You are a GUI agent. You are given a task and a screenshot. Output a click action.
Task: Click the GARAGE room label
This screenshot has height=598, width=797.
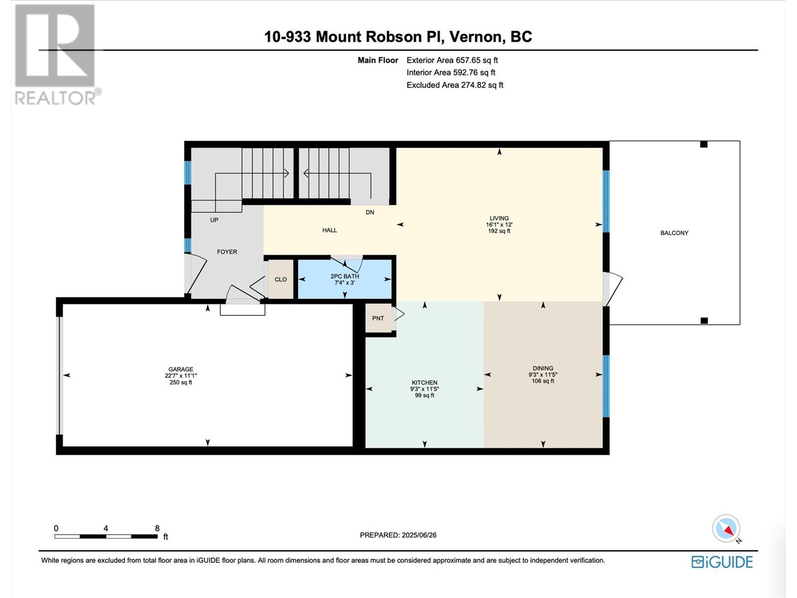(x=180, y=369)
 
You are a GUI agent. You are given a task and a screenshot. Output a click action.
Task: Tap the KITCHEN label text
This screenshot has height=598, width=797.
(x=424, y=382)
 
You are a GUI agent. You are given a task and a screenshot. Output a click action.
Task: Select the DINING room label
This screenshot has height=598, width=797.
(x=543, y=368)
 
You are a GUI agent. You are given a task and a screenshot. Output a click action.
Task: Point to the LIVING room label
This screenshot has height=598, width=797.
(x=499, y=218)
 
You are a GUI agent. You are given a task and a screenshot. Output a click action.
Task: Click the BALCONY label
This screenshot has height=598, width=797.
(x=674, y=233)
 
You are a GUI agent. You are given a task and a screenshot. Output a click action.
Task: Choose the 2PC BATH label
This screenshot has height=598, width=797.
(x=345, y=276)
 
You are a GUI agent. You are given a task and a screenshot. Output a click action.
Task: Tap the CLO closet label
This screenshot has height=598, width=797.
(x=280, y=280)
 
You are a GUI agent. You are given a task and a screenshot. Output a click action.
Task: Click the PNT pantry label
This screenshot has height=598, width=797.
(x=378, y=318)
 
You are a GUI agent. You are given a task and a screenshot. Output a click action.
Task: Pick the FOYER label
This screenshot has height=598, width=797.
(x=227, y=252)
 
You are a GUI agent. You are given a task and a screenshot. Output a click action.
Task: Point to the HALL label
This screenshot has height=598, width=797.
(x=330, y=230)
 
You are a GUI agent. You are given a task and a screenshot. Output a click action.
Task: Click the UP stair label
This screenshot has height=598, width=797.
(x=214, y=220)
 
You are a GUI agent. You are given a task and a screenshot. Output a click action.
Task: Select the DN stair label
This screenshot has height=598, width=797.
(x=370, y=212)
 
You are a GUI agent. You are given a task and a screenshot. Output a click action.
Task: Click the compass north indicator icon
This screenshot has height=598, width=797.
(x=726, y=529)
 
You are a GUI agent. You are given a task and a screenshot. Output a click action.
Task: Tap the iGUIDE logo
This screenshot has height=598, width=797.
(x=722, y=562)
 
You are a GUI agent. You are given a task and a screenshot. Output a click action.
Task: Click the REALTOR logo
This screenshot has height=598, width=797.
(x=56, y=55)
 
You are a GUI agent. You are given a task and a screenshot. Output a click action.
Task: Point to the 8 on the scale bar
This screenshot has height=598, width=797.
(x=157, y=528)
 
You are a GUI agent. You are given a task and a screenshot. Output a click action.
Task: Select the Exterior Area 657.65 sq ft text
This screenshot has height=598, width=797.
(x=452, y=60)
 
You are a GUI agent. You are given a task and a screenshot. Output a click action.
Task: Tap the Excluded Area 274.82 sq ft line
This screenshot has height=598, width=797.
(x=455, y=85)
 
